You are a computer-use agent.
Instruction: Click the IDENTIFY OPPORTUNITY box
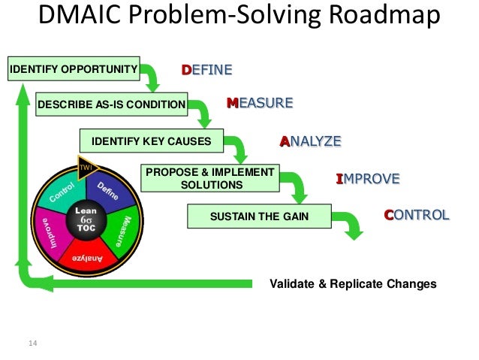(74, 71)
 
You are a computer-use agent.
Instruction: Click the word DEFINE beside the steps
(207, 70)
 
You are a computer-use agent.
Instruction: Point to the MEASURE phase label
(260, 103)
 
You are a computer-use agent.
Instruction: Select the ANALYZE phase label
(311, 141)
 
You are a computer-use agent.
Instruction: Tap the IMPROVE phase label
(367, 179)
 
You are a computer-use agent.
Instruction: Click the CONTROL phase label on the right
(417, 215)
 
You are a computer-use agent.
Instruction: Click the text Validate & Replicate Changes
(353, 284)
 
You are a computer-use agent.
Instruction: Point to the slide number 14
(32, 344)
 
